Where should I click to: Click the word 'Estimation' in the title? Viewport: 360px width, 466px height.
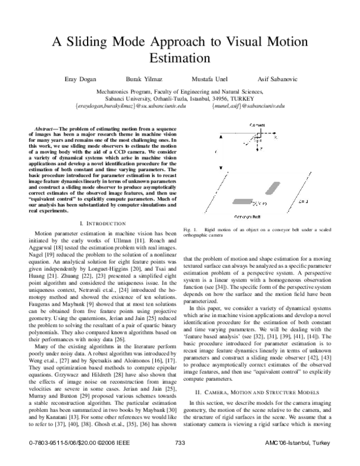180,59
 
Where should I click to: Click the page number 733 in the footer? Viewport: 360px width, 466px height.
181,459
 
